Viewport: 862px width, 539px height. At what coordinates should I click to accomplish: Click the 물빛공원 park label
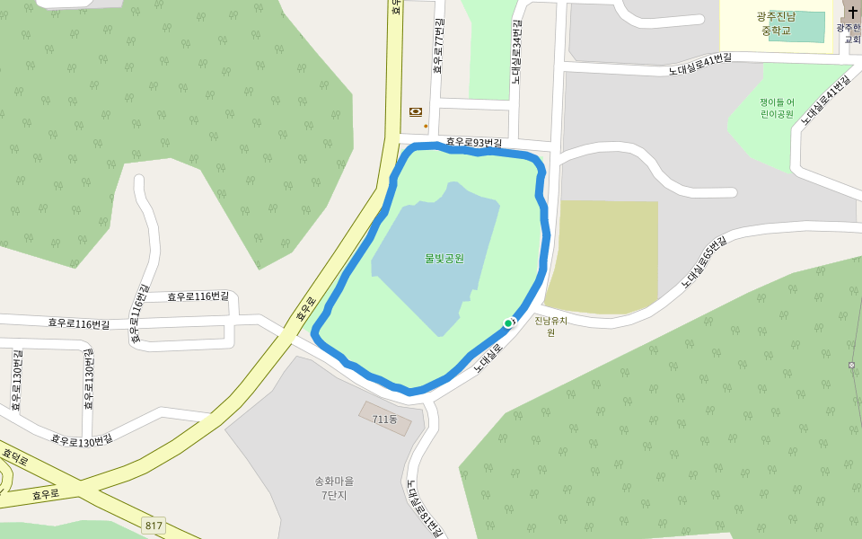pos(444,259)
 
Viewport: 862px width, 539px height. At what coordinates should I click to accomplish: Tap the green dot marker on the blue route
pos(508,323)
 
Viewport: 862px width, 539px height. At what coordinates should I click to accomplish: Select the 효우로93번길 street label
pos(474,142)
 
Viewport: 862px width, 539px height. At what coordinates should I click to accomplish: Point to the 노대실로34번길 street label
pos(517,52)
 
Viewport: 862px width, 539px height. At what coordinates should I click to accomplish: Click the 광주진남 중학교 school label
pos(777,23)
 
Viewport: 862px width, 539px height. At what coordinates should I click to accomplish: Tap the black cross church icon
pos(852,13)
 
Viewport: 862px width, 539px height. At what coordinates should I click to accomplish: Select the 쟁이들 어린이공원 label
pos(777,109)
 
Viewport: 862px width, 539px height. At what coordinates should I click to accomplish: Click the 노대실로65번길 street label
pos(702,262)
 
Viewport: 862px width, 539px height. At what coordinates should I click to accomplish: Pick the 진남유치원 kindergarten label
pos(550,326)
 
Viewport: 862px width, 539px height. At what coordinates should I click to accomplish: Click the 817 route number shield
pos(154,525)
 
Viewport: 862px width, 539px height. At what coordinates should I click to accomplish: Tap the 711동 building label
pos(385,420)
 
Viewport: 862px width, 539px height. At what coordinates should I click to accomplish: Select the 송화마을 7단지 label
pos(334,488)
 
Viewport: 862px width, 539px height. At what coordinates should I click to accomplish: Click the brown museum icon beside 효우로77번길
pos(415,111)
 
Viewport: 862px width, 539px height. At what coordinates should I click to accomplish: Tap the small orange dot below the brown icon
pos(426,126)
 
